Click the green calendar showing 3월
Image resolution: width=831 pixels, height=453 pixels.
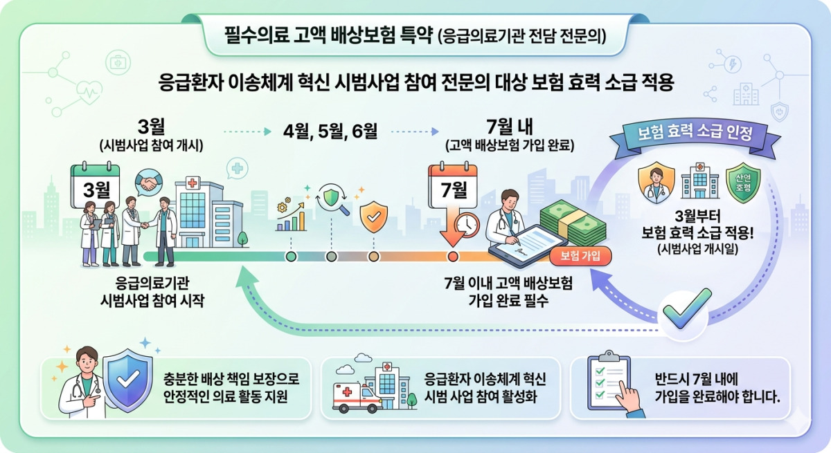pyautogui.click(x=96, y=185)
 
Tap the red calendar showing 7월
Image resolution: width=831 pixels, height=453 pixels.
pyautogui.click(x=453, y=185)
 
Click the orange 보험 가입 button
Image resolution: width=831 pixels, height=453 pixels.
pyautogui.click(x=580, y=257)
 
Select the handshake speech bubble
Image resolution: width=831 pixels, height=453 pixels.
pyautogui.click(x=149, y=182)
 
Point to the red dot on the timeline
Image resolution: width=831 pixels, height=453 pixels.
pyautogui.click(x=453, y=257)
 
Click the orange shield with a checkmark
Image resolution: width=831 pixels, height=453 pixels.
pyautogui.click(x=373, y=216)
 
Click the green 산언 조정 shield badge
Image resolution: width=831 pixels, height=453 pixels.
pyautogui.click(x=743, y=183)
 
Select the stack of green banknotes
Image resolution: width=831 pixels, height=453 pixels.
pyautogui.click(x=573, y=222)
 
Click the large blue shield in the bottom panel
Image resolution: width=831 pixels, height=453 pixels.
pyautogui.click(x=127, y=380)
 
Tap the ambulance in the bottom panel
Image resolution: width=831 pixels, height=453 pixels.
pyautogui.click(x=357, y=398)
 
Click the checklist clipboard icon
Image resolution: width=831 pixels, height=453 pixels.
pyautogui.click(x=609, y=382)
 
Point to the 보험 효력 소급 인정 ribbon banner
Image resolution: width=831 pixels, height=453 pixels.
pyautogui.click(x=695, y=136)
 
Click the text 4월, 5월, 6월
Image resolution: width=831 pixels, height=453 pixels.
pyautogui.click(x=330, y=131)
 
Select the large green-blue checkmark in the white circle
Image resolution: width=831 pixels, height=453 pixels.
pyautogui.click(x=687, y=308)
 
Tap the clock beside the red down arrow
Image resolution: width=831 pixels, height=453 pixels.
pyautogui.click(x=467, y=225)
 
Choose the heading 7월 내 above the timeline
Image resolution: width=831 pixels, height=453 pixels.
pyautogui.click(x=510, y=127)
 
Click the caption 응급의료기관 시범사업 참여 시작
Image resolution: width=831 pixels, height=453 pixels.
pyautogui.click(x=152, y=292)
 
